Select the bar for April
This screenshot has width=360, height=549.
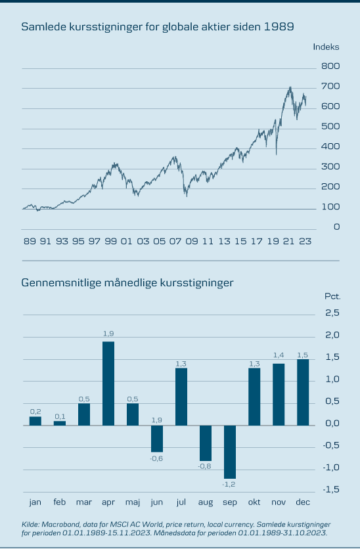click(108, 384)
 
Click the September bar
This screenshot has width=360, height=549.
click(230, 452)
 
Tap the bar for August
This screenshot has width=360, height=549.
click(206, 443)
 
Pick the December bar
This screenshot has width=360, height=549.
click(303, 393)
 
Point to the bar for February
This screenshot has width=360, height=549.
click(60, 424)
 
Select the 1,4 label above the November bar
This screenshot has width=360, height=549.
click(279, 355)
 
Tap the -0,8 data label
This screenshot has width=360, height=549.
click(204, 466)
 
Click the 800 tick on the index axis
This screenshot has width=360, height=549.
click(330, 66)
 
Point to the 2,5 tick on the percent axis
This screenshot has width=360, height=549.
click(332, 313)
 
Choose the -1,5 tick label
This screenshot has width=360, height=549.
click(331, 489)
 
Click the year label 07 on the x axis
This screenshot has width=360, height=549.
click(175, 241)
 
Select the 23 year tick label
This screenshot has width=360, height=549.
click(305, 241)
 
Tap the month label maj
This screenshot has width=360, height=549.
click(133, 502)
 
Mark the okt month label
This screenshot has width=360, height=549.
click(254, 502)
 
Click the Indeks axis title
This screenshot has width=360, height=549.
click(326, 47)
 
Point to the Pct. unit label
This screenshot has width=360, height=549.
click(332, 297)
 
